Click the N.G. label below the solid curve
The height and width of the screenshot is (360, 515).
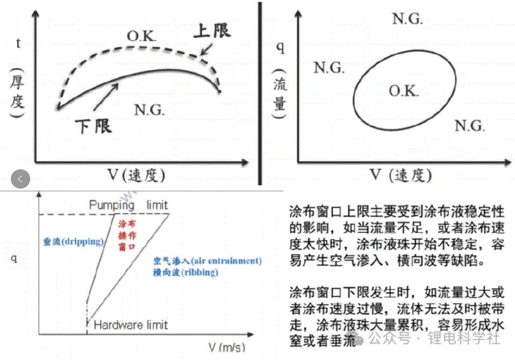pyautogui.click(x=149, y=109)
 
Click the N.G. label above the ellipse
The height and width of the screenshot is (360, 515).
pyautogui.click(x=407, y=19)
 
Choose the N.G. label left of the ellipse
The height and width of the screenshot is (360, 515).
pyautogui.click(x=329, y=68)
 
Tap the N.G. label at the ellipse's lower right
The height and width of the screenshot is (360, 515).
pyautogui.click(x=470, y=126)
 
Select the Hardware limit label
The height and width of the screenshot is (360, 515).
pyautogui.click(x=131, y=325)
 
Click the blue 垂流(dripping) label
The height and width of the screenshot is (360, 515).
pyautogui.click(x=73, y=242)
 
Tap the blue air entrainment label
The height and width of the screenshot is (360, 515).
pyautogui.click(x=207, y=261)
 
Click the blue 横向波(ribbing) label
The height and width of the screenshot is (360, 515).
pyautogui.click(x=186, y=273)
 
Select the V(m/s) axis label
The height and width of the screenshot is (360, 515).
pyautogui.click(x=226, y=345)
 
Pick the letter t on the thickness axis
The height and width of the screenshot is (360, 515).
pyautogui.click(x=18, y=44)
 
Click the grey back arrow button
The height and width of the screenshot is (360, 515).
pyautogui.click(x=20, y=179)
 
